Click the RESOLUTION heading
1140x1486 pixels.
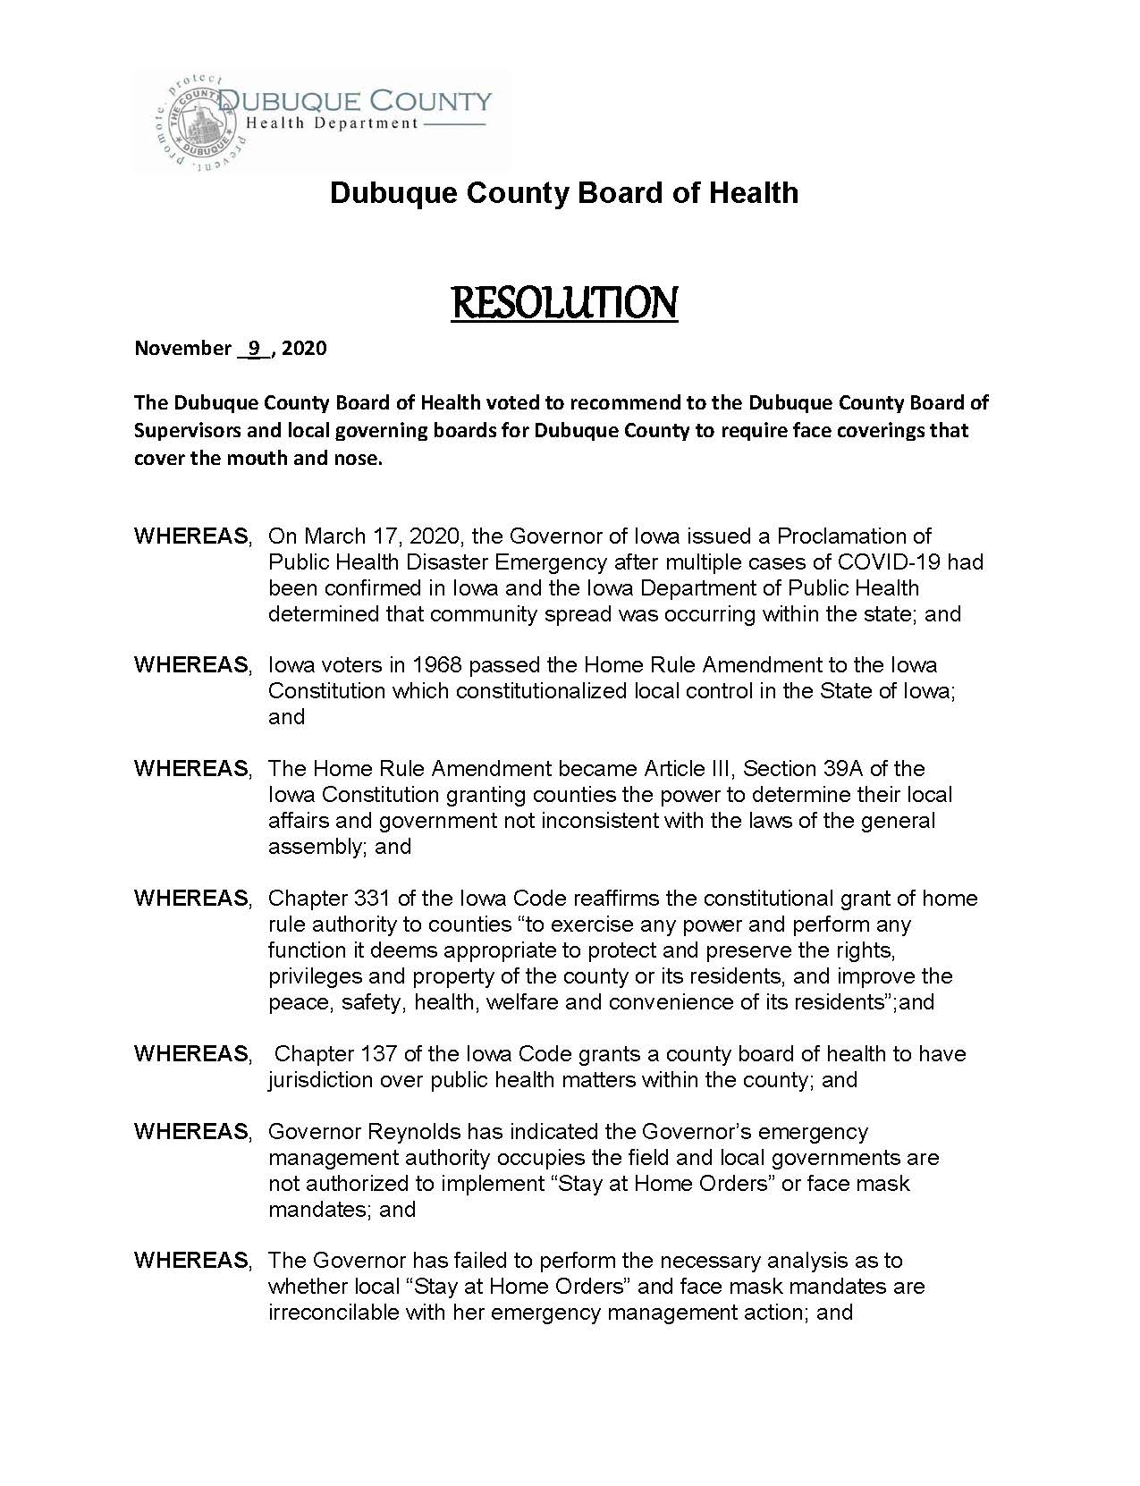coord(564,303)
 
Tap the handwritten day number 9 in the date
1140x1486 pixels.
coord(253,348)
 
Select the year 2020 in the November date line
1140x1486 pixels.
coord(304,348)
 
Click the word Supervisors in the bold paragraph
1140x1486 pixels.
coord(188,431)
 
